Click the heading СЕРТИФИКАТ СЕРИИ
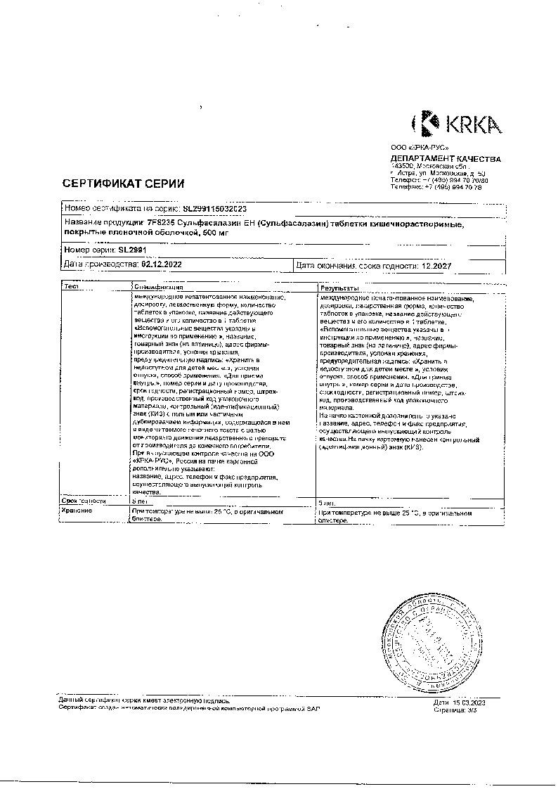(124, 184)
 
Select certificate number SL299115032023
(214, 209)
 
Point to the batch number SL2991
(132, 249)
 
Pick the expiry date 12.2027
(429, 265)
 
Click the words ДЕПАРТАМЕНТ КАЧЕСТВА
(446, 158)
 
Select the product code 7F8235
(159, 223)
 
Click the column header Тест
(71, 287)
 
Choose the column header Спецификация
(158, 287)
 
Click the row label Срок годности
(84, 501)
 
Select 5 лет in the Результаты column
(328, 502)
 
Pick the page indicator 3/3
(471, 710)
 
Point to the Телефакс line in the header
(436, 188)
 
